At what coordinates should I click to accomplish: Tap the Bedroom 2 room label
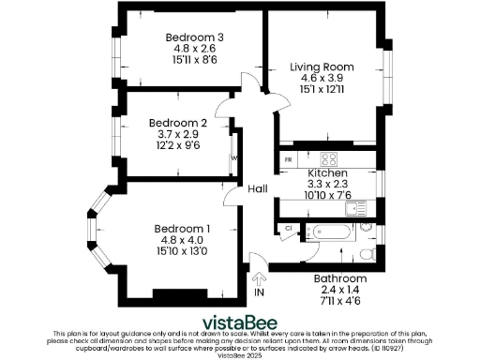(x=178, y=123)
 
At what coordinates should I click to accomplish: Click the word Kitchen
(x=328, y=174)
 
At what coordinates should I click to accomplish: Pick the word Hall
(x=259, y=189)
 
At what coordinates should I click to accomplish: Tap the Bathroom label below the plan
(x=340, y=279)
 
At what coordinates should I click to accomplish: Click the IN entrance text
(x=260, y=292)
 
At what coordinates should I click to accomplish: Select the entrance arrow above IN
(x=260, y=276)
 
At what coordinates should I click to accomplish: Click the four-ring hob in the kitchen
(x=329, y=158)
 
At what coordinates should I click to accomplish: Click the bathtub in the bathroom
(x=333, y=230)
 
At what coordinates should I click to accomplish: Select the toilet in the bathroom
(x=368, y=253)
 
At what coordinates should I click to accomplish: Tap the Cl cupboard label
(x=289, y=228)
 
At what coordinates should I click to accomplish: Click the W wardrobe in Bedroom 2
(x=233, y=157)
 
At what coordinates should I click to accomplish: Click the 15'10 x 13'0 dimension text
(x=183, y=251)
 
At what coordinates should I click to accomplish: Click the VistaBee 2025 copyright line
(x=240, y=354)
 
